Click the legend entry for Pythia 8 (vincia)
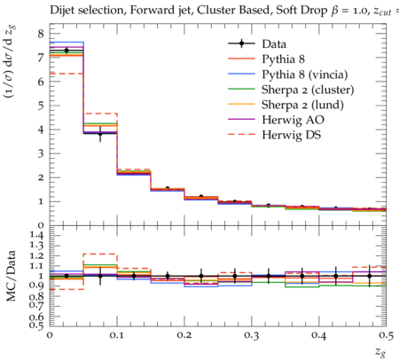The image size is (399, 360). [305, 74]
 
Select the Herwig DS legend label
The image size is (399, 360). [292, 135]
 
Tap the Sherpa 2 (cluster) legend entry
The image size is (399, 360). [308, 90]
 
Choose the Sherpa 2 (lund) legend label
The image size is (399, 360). [302, 105]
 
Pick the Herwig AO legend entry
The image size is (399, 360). [293, 120]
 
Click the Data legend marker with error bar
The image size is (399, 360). [241, 43]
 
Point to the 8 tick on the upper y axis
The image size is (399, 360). [41, 34]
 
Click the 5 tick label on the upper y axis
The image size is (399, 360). [41, 106]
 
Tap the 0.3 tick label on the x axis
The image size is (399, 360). [251, 336]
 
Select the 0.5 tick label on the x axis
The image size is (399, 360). [386, 336]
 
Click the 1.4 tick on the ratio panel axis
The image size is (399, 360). [35, 236]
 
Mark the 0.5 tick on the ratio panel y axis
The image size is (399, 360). [36, 325]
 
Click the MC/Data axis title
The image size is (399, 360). [12, 276]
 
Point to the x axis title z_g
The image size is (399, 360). [381, 351]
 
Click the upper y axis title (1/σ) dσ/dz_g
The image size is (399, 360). [9, 62]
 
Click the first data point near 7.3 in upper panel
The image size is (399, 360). [66, 51]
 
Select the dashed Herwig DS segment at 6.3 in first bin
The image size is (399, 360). [66, 74]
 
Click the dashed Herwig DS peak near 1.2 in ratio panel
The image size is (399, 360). [100, 254]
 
